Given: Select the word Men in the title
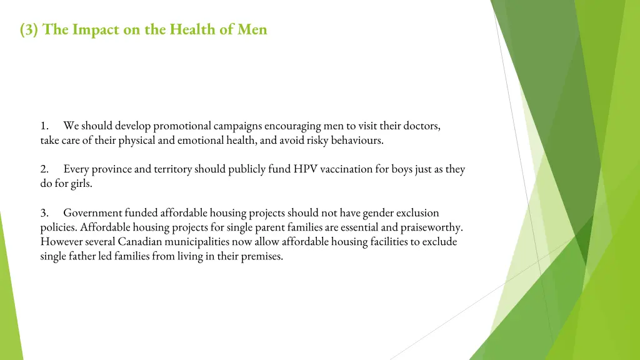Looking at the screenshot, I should pyautogui.click(x=252, y=29).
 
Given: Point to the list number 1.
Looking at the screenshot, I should pyautogui.click(x=44, y=126).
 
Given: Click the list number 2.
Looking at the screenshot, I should pyautogui.click(x=44, y=169).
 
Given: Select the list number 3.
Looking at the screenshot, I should pyautogui.click(x=44, y=213).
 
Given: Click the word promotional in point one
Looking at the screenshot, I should pyautogui.click(x=182, y=126).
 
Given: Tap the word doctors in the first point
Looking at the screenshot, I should pyautogui.click(x=422, y=126).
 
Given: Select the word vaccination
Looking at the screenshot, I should pyautogui.click(x=346, y=169).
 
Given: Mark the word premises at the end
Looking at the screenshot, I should pyautogui.click(x=261, y=256).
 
